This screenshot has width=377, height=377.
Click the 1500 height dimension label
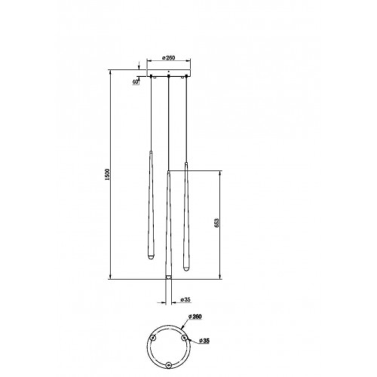(x=107, y=174)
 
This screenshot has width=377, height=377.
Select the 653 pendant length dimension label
(x=216, y=223)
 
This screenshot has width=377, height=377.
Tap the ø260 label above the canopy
(x=168, y=58)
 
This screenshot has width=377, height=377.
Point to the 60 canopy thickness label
(x=136, y=81)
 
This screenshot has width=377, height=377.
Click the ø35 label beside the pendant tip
(x=185, y=299)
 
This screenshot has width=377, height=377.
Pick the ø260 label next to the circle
(x=195, y=317)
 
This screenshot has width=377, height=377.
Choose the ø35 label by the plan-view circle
(x=204, y=341)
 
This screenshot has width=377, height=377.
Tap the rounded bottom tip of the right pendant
(x=186, y=268)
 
